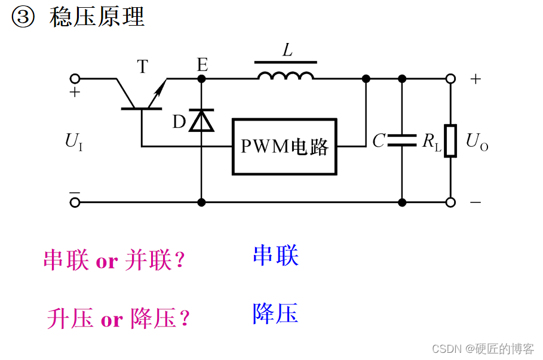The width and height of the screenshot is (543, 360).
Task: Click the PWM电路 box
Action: point(284,147)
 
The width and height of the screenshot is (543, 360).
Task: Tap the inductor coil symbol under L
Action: point(286,75)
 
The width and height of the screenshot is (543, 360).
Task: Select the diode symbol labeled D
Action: point(201,121)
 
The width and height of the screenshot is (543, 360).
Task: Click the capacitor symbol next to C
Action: point(401,141)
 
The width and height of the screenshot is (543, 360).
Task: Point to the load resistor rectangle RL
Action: point(450,141)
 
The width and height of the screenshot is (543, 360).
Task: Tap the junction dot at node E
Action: point(201,79)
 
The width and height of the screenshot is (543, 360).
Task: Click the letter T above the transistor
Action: point(142,66)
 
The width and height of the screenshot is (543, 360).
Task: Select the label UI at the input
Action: point(73,142)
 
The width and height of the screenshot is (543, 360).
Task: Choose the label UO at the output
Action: point(476,142)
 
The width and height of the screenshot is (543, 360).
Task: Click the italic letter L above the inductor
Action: point(288,51)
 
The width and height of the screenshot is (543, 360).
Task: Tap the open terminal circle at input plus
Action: point(75,79)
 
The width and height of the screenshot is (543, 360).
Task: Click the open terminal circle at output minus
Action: point(450,202)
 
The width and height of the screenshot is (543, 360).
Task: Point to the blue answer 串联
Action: point(275,256)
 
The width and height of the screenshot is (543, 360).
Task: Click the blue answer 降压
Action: point(275,313)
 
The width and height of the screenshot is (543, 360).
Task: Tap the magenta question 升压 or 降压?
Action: point(118,319)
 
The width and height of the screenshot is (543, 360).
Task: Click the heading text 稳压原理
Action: point(97,17)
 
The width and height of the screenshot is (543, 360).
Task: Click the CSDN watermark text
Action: point(482,349)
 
